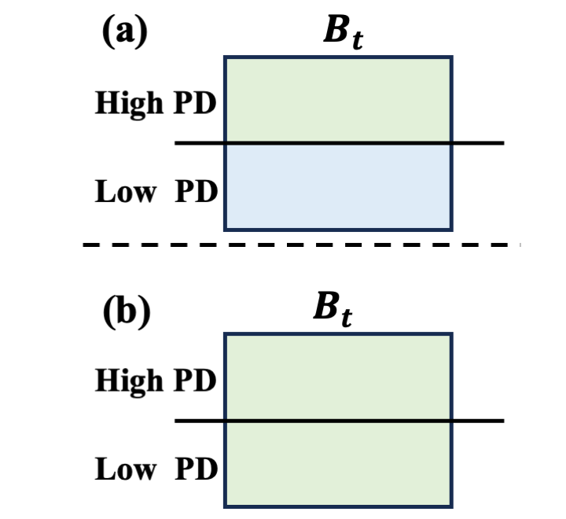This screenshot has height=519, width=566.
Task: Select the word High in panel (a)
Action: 126,105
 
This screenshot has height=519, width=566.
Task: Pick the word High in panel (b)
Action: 126,382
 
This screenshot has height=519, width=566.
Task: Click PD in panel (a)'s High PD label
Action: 195,105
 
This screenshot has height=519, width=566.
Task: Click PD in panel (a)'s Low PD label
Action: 195,192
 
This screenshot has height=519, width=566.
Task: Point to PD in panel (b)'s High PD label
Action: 195,382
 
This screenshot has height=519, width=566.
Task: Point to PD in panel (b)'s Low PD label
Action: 195,469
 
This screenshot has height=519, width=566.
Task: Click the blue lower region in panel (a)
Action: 338,187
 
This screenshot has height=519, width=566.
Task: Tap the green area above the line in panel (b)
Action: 338,377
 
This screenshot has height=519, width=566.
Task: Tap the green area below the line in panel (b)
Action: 338,464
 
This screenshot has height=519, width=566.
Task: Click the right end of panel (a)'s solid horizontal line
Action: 501,143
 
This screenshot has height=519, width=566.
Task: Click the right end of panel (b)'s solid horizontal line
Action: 501,421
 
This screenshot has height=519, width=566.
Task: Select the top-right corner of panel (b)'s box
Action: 451,334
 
